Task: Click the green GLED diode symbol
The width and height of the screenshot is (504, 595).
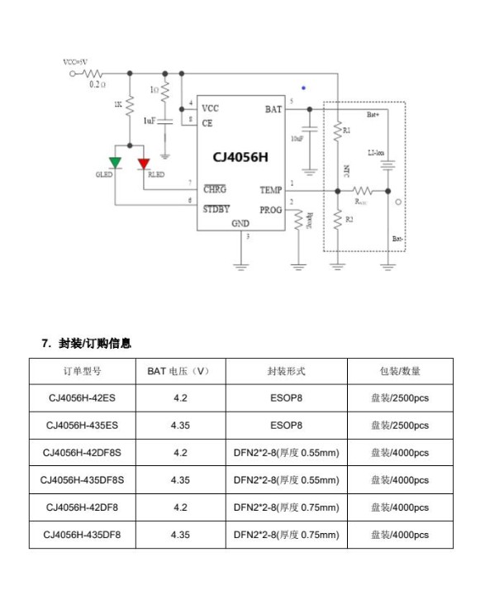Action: point(116,162)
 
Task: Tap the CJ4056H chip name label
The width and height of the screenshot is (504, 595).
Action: point(240,156)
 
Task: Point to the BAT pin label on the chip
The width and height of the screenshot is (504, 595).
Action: point(273,109)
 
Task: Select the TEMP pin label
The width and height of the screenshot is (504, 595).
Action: point(271,190)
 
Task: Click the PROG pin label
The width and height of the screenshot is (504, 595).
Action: point(271,209)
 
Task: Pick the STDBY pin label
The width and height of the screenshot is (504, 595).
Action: point(216,209)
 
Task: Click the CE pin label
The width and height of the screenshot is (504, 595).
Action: point(207,123)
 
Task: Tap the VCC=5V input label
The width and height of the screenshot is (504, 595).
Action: point(76,62)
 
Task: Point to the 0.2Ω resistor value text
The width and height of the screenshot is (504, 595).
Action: point(97,84)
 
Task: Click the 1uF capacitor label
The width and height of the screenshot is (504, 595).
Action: point(150,121)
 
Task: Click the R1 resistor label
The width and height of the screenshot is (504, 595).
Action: point(347,131)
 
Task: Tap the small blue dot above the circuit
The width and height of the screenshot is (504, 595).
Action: point(303,87)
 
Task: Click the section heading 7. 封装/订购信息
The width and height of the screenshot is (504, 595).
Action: point(87,343)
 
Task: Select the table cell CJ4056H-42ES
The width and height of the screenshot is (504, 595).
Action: point(82,398)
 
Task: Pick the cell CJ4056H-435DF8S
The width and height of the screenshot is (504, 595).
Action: point(82,480)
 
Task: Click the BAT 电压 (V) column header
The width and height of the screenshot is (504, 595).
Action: point(180,371)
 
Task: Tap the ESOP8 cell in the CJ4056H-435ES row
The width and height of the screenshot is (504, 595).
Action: point(286,426)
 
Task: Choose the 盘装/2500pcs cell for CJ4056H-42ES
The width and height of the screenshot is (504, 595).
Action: point(400,398)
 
